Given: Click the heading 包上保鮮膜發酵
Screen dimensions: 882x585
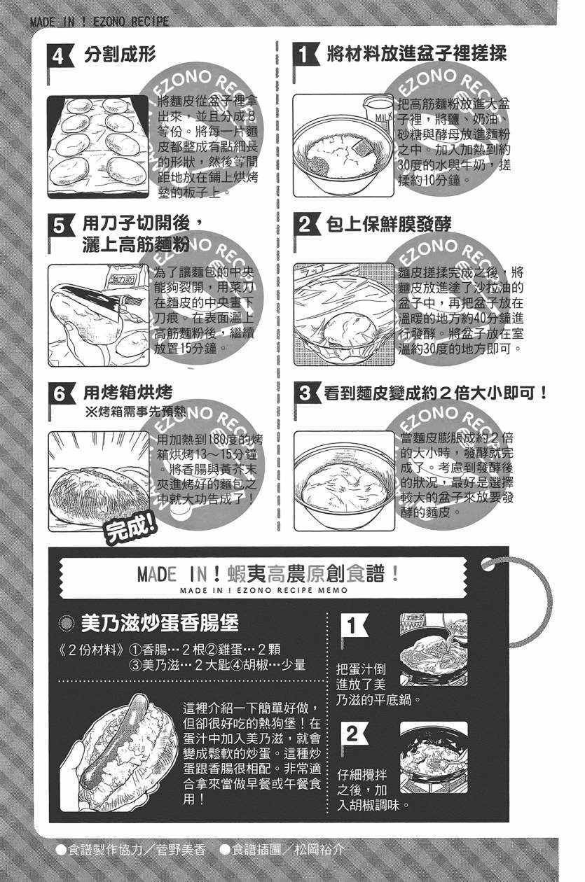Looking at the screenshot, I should [x=389, y=224].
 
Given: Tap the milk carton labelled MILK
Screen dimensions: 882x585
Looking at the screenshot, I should [x=378, y=115].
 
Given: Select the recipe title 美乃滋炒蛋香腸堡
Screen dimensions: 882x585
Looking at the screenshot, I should [x=160, y=622].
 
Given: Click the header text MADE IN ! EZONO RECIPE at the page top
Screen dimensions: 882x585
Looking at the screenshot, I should [x=99, y=22].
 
